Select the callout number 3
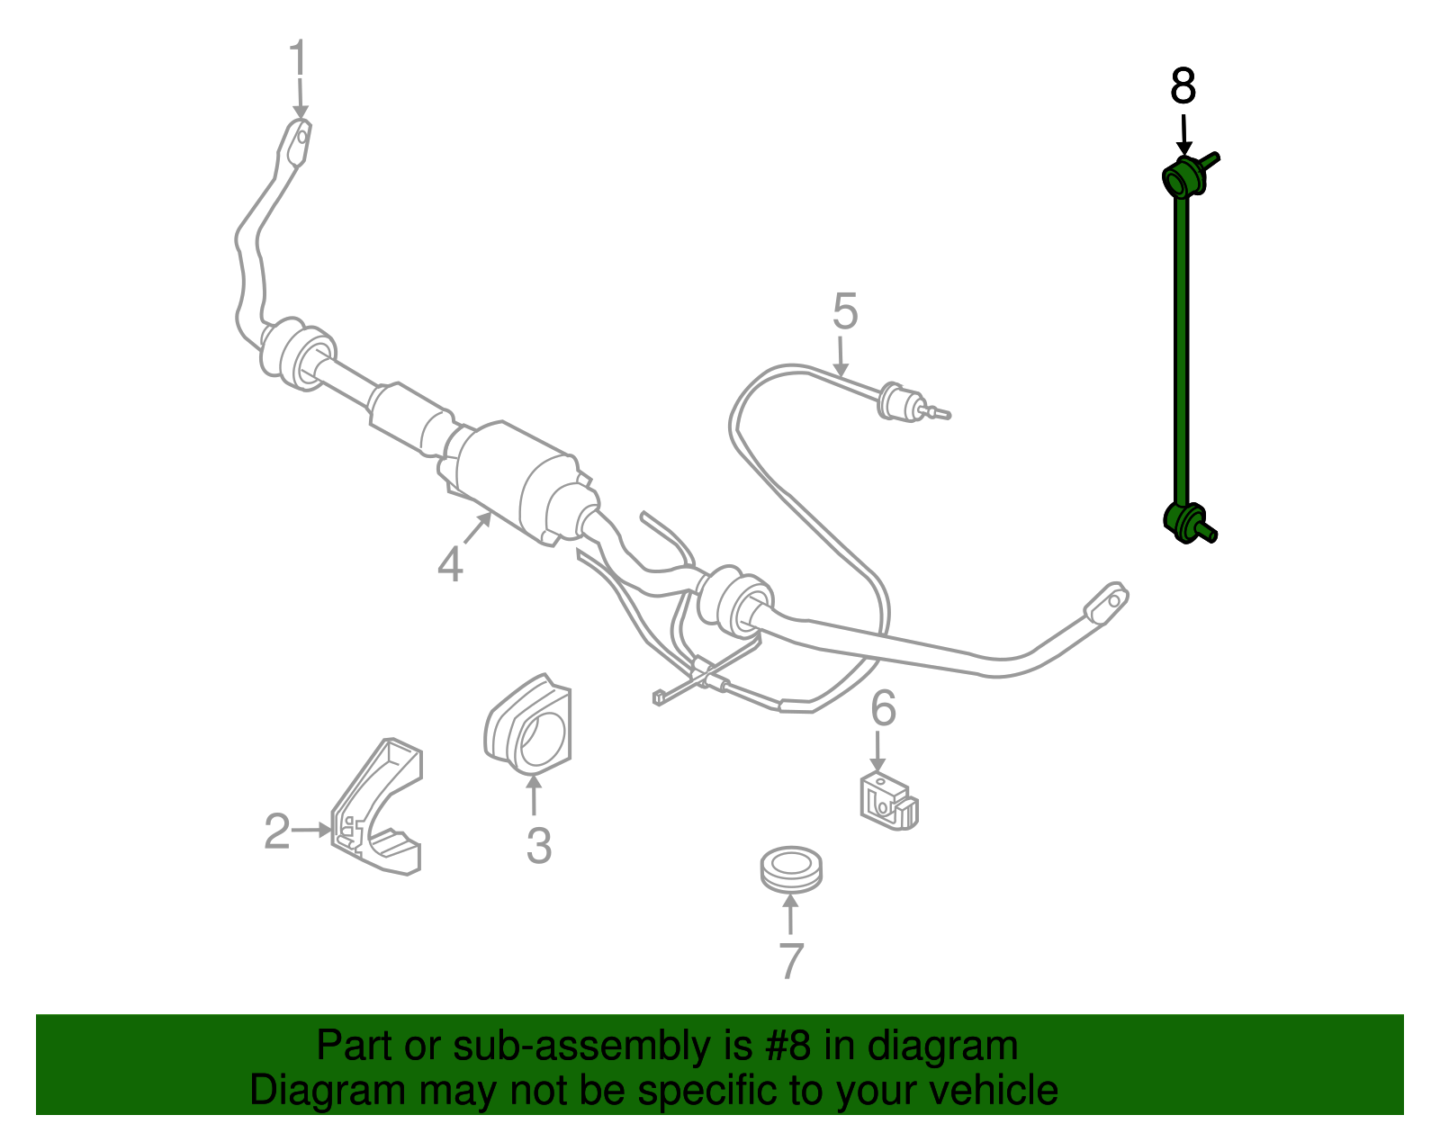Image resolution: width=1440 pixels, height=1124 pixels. tap(538, 846)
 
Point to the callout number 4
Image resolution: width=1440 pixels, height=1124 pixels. tap(450, 564)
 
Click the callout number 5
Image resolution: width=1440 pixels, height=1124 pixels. tap(844, 312)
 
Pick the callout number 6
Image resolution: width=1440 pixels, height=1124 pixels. tap(883, 708)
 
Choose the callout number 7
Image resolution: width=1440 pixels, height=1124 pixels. tap(790, 961)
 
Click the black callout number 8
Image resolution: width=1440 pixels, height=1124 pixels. tap(1183, 87)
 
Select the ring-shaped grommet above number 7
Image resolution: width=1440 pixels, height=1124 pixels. tap(790, 868)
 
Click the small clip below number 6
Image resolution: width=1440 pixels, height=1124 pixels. tap(887, 801)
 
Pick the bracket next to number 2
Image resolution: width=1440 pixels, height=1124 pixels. tap(378, 810)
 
